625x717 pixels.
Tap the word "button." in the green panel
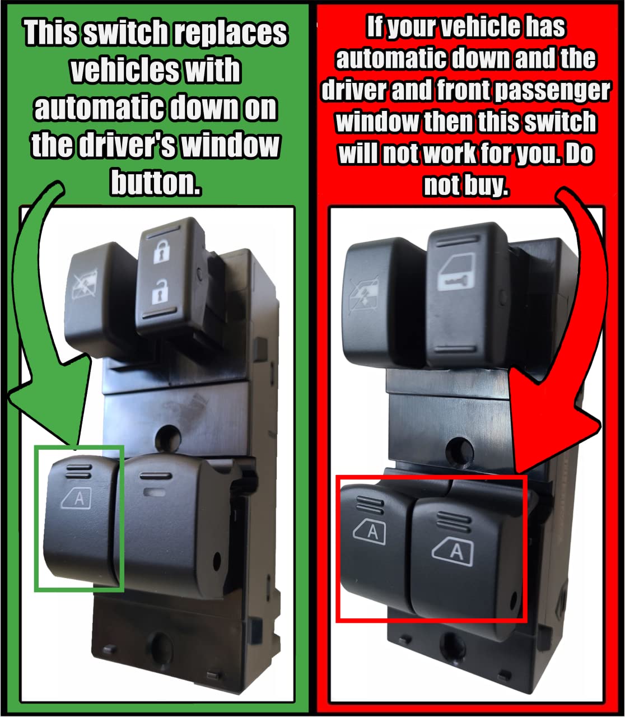(x=156, y=183)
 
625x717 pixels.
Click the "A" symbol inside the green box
(x=77, y=497)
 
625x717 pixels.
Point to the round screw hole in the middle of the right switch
(x=460, y=453)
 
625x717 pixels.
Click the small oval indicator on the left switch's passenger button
(x=155, y=492)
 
